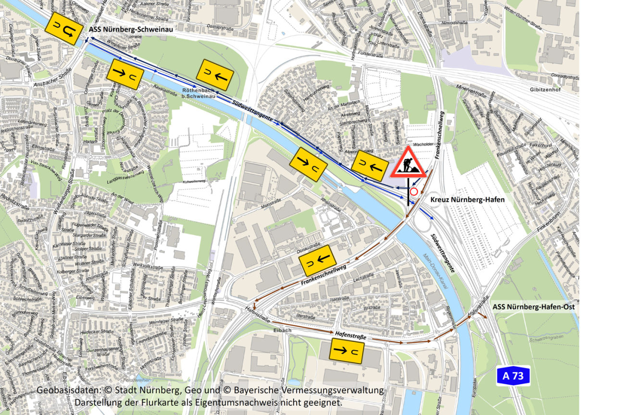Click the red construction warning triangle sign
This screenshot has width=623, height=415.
[x=408, y=163]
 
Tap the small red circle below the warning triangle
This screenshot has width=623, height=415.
[x=414, y=191]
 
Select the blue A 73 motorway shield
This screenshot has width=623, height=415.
[x=513, y=376]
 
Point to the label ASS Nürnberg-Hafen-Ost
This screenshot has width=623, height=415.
[x=534, y=306]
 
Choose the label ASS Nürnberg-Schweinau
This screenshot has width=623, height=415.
[x=131, y=29]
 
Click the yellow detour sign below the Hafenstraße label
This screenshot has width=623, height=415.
[x=346, y=350]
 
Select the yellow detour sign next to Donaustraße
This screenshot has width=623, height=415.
[x=317, y=260]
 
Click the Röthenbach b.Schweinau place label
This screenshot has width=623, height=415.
[x=199, y=93]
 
